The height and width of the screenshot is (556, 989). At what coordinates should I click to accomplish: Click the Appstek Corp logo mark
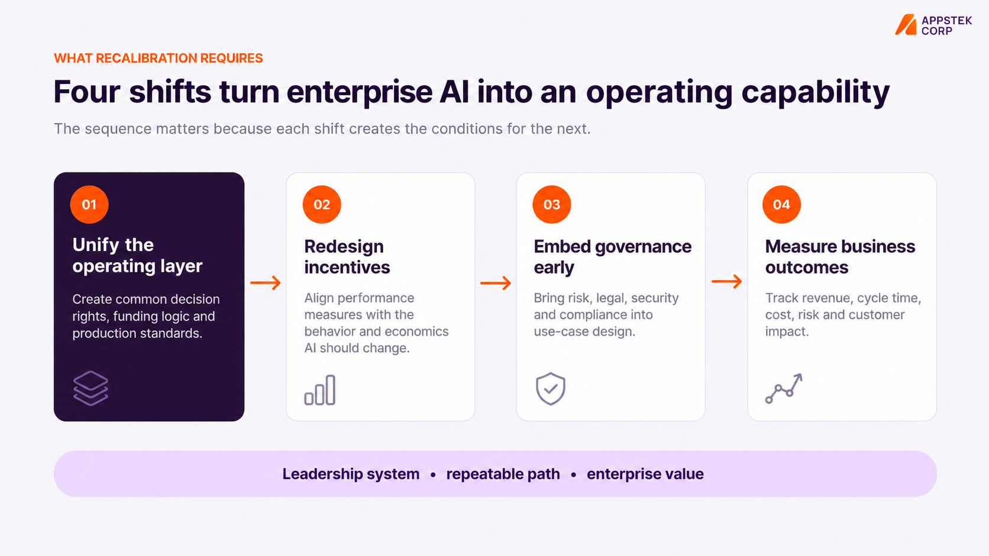tap(906, 25)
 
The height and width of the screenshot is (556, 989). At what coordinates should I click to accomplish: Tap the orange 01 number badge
tap(89, 204)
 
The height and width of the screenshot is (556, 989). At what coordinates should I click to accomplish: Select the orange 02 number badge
tap(322, 204)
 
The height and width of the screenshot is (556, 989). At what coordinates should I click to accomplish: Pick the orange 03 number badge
tap(552, 204)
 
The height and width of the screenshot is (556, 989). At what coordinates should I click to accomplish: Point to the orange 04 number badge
tap(781, 204)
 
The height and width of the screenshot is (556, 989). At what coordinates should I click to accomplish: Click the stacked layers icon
tap(91, 388)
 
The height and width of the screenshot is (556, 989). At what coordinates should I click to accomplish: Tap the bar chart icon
tap(320, 390)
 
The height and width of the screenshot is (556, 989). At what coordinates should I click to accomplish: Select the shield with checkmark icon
tap(551, 388)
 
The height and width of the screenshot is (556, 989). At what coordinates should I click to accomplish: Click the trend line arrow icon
tap(784, 388)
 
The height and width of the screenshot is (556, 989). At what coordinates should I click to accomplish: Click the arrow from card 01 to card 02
tap(266, 282)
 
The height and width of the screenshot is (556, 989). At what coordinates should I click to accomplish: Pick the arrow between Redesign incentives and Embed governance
tap(496, 282)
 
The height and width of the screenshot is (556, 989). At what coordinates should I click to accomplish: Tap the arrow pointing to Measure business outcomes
tap(727, 281)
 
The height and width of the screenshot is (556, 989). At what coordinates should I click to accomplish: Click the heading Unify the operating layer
tap(137, 255)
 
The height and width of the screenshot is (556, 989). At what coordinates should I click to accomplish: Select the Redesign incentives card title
tap(347, 256)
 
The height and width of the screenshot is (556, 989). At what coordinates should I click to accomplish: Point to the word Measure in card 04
tap(798, 246)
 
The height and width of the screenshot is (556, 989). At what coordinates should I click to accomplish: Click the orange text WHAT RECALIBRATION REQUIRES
tap(158, 58)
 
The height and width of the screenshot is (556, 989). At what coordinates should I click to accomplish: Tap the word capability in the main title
tap(815, 92)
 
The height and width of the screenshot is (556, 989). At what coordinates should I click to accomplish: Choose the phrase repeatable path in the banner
tap(503, 474)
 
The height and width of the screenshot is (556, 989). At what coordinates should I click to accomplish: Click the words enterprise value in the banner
tap(645, 474)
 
